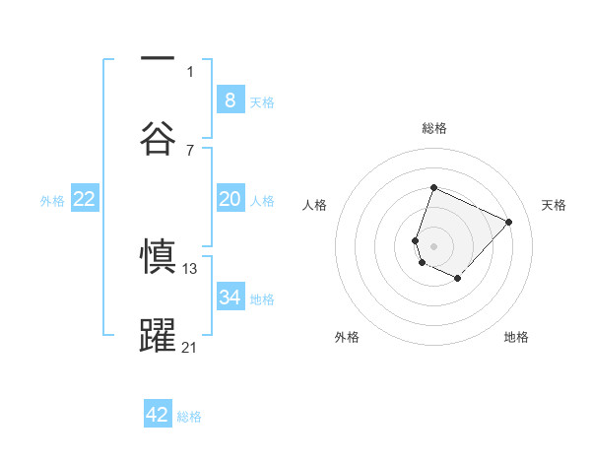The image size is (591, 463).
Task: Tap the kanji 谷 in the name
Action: (158, 137)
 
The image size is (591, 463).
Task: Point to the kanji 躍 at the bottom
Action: (158, 336)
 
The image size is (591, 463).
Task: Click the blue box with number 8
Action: (230, 99)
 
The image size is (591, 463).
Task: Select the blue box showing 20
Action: (230, 199)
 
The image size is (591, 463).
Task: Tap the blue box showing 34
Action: (230, 298)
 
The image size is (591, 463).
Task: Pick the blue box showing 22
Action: (85, 199)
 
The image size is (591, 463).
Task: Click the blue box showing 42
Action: (158, 415)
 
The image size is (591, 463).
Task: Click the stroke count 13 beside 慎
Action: (190, 268)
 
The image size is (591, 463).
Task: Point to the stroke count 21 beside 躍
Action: (190, 347)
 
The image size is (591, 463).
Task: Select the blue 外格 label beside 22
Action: (52, 200)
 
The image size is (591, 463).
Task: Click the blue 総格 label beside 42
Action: (189, 417)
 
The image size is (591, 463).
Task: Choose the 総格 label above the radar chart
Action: (434, 128)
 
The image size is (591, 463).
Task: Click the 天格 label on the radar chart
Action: (554, 205)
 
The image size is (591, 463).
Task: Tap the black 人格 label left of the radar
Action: (315, 205)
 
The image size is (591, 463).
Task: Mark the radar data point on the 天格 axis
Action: (508, 222)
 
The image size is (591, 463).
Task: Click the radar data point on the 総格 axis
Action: (433, 188)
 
